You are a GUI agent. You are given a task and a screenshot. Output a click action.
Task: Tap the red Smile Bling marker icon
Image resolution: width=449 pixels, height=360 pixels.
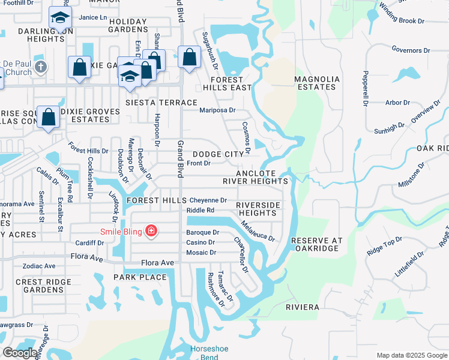[x=151, y=230]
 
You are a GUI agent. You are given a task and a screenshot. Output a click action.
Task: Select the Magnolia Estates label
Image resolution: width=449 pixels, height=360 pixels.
[x=316, y=83]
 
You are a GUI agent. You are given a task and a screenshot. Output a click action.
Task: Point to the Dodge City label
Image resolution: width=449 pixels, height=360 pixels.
[x=218, y=154]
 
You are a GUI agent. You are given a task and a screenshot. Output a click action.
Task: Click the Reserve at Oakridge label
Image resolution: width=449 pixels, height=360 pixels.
[x=317, y=245]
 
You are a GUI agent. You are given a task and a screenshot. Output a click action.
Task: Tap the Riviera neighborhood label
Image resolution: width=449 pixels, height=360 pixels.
[x=303, y=307]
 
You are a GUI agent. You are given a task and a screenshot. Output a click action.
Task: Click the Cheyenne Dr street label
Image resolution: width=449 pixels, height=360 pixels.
[x=208, y=200]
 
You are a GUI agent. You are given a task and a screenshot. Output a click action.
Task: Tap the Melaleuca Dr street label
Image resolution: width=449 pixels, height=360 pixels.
[x=258, y=230]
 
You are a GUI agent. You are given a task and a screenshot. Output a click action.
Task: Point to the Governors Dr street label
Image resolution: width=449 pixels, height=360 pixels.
[x=407, y=50]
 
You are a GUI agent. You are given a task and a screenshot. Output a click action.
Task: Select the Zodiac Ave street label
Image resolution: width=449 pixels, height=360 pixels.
[x=38, y=266]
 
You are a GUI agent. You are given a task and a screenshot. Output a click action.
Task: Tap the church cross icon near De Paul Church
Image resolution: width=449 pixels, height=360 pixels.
[x=41, y=65]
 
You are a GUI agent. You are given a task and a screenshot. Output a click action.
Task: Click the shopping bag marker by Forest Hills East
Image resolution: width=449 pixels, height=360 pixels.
[x=189, y=58]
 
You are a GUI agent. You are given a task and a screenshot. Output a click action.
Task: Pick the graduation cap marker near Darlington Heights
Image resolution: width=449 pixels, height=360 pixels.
[x=60, y=19]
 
